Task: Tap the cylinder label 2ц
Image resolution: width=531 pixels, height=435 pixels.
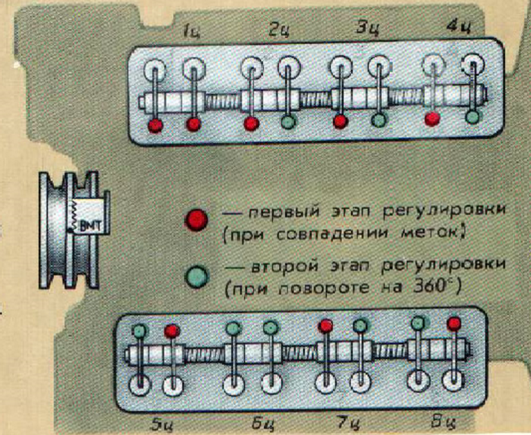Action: (280, 31)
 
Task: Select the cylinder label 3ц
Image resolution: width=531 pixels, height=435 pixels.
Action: (368, 29)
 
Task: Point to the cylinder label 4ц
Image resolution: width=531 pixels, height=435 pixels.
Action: (459, 26)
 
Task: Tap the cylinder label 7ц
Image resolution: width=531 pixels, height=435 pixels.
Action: (348, 423)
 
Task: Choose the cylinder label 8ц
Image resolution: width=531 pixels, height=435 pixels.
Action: (442, 422)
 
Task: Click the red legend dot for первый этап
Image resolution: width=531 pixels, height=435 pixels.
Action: (196, 219)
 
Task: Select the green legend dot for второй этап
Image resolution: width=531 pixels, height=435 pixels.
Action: (197, 276)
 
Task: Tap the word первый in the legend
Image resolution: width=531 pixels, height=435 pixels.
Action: (284, 212)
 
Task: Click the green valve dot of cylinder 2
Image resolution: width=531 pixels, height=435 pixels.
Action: (288, 121)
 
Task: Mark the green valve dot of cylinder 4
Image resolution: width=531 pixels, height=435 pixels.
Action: (472, 117)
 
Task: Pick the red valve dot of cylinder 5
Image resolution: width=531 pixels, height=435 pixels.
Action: (172, 331)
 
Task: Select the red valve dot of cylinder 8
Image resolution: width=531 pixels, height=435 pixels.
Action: (454, 324)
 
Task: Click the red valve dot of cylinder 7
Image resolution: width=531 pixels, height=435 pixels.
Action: (326, 326)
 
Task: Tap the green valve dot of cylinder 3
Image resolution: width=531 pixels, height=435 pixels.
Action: (379, 120)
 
